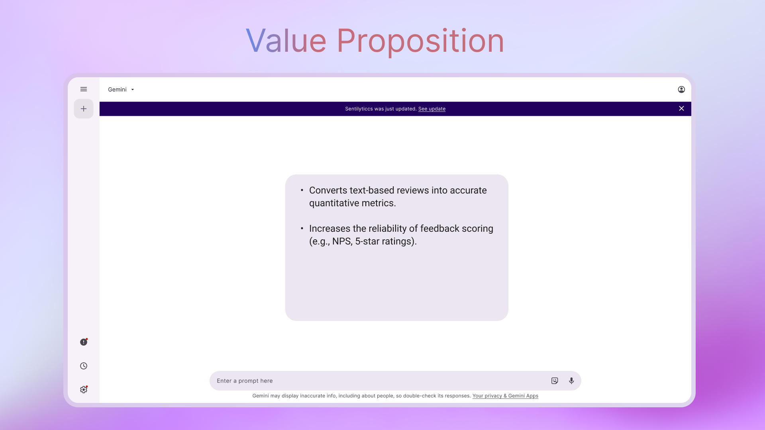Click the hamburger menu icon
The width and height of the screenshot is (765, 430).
click(84, 89)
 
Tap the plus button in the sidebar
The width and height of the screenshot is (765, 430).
click(84, 109)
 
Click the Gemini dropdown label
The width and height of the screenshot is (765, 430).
click(117, 90)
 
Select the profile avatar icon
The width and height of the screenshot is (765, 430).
click(681, 90)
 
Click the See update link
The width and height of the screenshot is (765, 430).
click(432, 109)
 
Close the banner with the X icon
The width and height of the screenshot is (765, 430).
click(681, 108)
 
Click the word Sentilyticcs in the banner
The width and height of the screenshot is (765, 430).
click(359, 109)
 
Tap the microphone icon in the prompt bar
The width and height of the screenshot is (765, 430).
click(571, 381)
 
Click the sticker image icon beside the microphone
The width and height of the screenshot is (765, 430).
click(555, 381)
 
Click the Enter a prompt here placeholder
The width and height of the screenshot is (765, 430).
click(245, 381)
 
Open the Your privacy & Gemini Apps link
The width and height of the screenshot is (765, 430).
click(505, 396)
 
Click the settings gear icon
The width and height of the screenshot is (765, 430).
click(84, 389)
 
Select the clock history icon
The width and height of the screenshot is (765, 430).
click(84, 366)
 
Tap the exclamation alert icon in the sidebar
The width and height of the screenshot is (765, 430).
click(84, 342)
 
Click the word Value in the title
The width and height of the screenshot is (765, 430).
click(286, 41)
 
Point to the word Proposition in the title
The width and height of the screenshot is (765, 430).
click(420, 41)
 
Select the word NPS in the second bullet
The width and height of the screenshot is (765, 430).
click(341, 241)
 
